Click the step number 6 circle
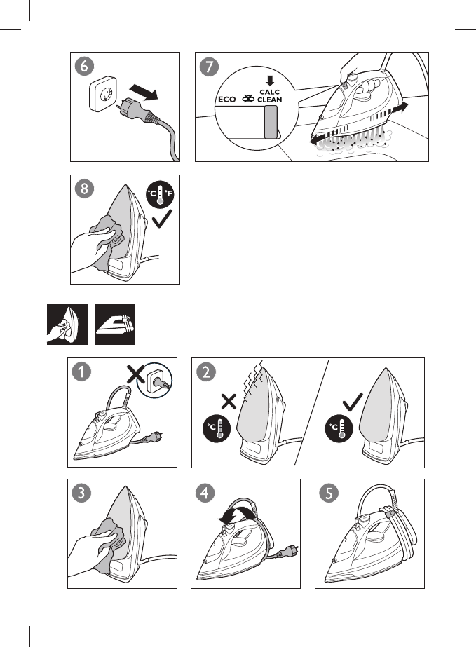pos(84,66)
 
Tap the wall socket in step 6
pos(104,93)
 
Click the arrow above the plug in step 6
pos(143,92)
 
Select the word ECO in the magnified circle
pos(226,100)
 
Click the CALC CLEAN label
pos(270,96)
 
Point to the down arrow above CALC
pos(270,81)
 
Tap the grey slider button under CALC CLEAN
pos(271,122)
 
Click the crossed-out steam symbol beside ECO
pos(247,99)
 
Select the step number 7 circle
pos(209,67)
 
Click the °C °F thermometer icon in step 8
pos(160,194)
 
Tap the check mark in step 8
pos(162,219)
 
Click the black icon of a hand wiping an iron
pos(67,325)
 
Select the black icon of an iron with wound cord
pos(115,325)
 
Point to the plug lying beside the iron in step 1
pos(154,436)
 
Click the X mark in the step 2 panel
pos(229,402)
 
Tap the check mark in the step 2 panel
pos(353,402)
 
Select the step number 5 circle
pos(329,493)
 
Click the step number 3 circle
pos(81,493)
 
